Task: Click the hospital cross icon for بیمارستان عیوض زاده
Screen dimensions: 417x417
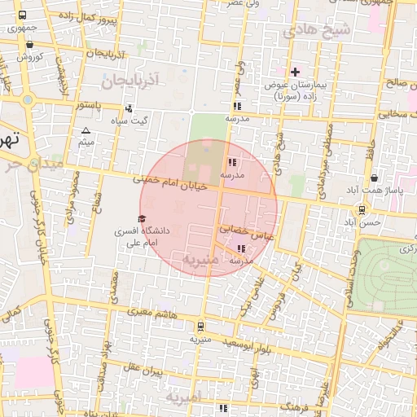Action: (x=295, y=72)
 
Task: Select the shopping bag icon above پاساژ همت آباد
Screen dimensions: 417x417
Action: (x=374, y=178)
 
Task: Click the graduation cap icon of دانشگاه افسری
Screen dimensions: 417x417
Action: (x=142, y=219)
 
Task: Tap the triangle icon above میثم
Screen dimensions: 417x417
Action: (x=86, y=130)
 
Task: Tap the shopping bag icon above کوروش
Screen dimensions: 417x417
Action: (x=30, y=45)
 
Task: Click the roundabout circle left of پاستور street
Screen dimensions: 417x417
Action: (x=29, y=100)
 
